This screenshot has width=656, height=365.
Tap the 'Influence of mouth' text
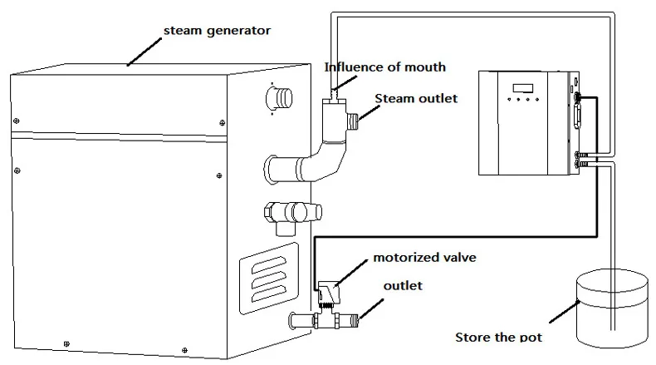click(x=384, y=67)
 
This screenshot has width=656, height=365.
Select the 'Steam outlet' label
click(x=415, y=99)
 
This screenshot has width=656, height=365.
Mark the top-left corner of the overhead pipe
click(x=332, y=14)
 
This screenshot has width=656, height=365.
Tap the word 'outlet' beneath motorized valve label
click(x=403, y=286)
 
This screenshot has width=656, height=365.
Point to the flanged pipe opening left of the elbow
click(x=275, y=170)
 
